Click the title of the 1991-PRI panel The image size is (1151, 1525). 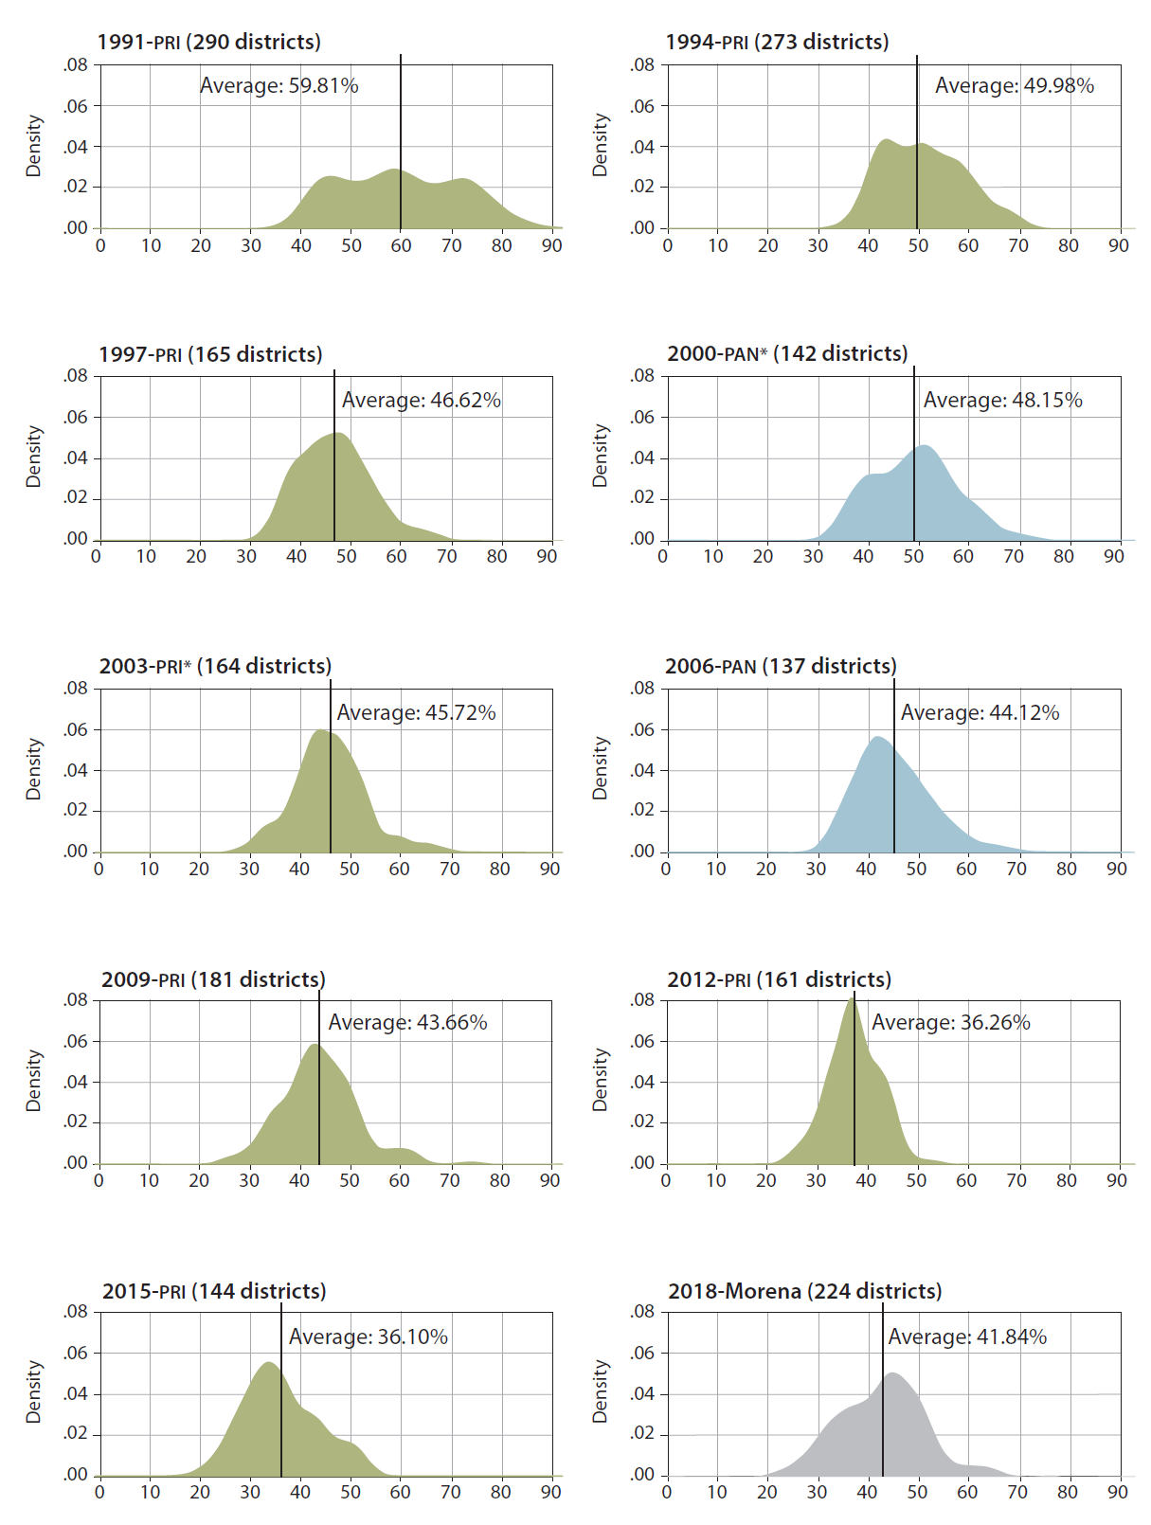point(208,42)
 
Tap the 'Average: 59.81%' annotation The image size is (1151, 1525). point(279,85)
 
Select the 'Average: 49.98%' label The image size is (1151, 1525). point(1014,85)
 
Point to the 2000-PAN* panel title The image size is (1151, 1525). point(787,353)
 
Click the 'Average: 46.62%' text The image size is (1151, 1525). point(421,400)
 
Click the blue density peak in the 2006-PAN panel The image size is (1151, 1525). point(878,738)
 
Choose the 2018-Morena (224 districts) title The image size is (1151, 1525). point(804,1291)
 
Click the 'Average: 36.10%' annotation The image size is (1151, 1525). point(368,1337)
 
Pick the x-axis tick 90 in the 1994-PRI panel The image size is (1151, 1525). point(1119,245)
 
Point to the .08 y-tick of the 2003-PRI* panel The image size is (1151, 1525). point(76,689)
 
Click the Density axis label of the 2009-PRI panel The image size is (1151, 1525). point(34,1080)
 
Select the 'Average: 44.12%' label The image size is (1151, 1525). point(980,712)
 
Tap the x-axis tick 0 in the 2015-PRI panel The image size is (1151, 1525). point(100,1492)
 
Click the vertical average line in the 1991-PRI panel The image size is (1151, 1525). point(401,142)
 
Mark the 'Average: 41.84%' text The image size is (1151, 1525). point(967,1337)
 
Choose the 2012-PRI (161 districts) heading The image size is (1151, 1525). point(779,979)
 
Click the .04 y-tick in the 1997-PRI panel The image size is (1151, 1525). point(76,457)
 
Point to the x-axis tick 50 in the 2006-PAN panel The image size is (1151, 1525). point(916,869)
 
